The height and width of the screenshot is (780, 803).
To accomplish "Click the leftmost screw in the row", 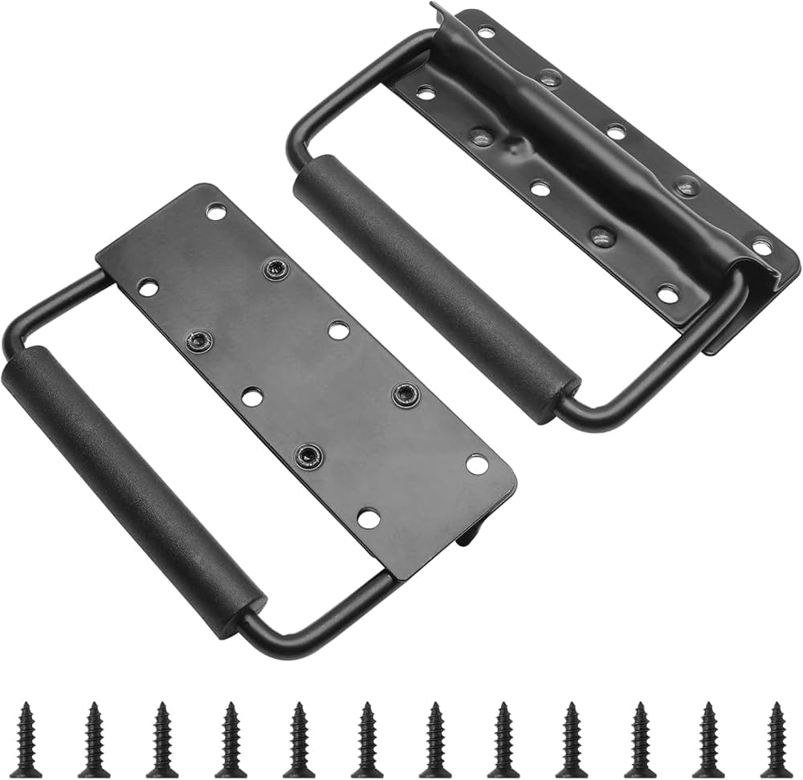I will coord(26,739).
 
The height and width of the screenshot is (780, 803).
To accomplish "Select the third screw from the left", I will coord(162,739).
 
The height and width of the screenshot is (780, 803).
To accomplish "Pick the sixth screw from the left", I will coord(367,739).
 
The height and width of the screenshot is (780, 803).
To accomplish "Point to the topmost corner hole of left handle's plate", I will coord(215,211).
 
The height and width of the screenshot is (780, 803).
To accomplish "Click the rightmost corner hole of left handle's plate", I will coord(477,464).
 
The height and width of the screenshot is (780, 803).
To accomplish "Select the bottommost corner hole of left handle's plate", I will coord(369,518).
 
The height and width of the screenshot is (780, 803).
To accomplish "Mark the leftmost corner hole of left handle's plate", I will coord(148,286).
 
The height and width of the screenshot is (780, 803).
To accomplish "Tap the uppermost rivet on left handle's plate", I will coord(275,270).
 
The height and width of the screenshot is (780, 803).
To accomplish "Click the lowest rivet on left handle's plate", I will coord(308,456).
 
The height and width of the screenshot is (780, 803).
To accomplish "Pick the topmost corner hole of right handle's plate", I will coord(486,33).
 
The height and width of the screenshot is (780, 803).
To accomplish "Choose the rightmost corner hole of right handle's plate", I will coord(761,246).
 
